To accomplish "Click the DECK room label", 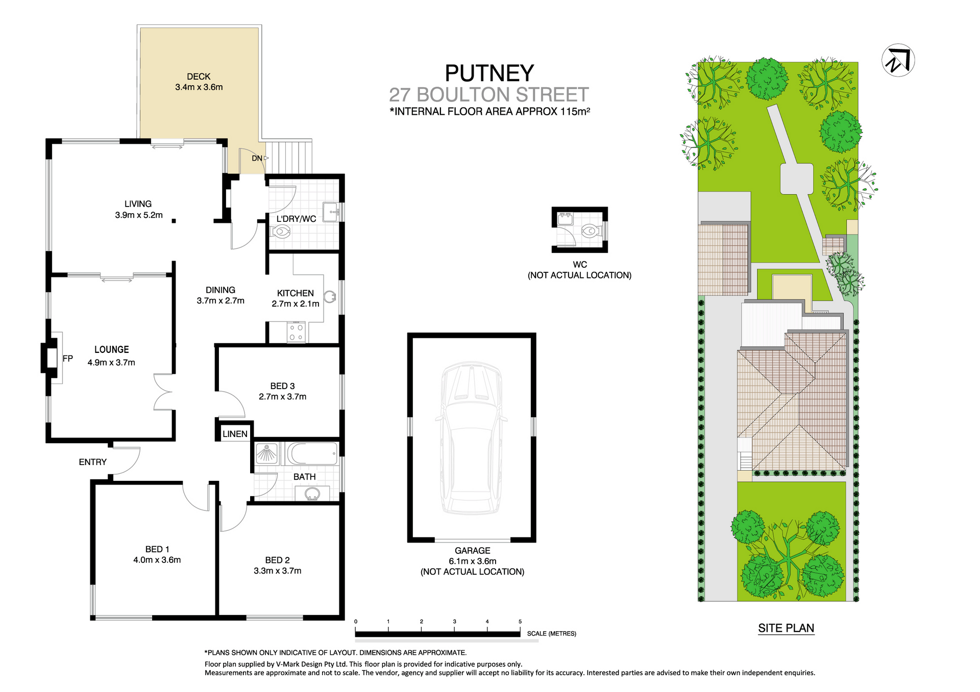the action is pyautogui.click(x=199, y=76).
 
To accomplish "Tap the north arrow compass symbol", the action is pyautogui.click(x=898, y=60).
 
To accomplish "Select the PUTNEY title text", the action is pyautogui.click(x=489, y=73).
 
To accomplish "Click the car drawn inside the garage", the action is pyautogui.click(x=471, y=438).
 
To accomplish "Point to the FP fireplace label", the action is pyautogui.click(x=68, y=358).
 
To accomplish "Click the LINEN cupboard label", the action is pyautogui.click(x=235, y=434).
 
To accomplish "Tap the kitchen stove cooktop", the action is pyautogui.click(x=296, y=332).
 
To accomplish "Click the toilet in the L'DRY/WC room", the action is pyautogui.click(x=280, y=232).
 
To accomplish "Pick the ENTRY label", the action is pyautogui.click(x=92, y=462).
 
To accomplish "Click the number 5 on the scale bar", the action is pyautogui.click(x=520, y=622).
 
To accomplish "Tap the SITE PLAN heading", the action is pyautogui.click(x=786, y=628).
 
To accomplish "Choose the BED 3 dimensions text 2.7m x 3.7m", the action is pyautogui.click(x=282, y=397).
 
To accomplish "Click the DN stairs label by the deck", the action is pyautogui.click(x=257, y=159).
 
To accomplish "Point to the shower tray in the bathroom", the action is pyautogui.click(x=266, y=453).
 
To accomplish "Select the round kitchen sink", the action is pyautogui.click(x=330, y=296).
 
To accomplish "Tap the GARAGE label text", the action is pyautogui.click(x=472, y=551).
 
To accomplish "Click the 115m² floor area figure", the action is pyautogui.click(x=575, y=111).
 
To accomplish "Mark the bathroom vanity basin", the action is pyautogui.click(x=312, y=494).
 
